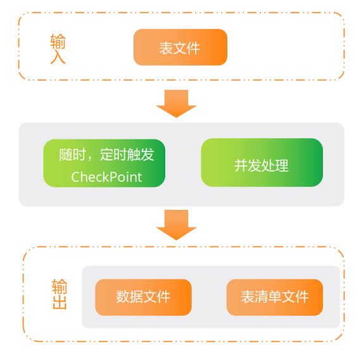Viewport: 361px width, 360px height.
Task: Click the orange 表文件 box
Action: point(180,48)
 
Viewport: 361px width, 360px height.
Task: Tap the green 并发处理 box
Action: point(262,163)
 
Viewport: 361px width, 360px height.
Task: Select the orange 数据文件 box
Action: point(143,297)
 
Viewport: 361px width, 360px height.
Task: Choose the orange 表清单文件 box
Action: point(274,297)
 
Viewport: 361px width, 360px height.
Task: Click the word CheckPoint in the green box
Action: point(106,176)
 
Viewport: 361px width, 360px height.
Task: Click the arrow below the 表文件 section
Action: point(176,103)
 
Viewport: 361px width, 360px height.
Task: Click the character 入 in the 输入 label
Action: point(58,57)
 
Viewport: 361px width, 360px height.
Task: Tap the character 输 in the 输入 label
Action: point(58,41)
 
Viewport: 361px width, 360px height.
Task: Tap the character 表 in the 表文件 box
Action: point(166,48)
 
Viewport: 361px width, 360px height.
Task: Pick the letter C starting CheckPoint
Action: point(75,177)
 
